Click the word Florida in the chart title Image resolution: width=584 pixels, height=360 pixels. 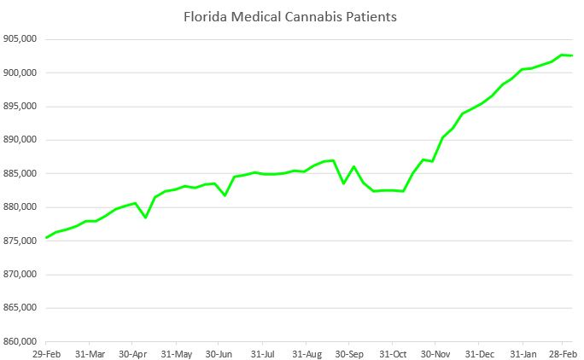click(x=203, y=16)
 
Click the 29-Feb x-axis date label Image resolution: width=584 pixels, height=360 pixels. click(x=46, y=352)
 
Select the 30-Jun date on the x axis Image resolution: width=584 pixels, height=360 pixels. click(x=220, y=352)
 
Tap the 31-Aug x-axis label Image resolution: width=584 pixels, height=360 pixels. click(x=307, y=352)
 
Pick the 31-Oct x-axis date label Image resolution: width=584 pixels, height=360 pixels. click(x=394, y=352)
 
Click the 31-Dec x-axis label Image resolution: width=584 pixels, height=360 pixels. click(x=482, y=352)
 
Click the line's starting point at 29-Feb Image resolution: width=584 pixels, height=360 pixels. click(x=46, y=237)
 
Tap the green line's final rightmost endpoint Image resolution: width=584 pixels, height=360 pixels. click(x=572, y=55)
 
